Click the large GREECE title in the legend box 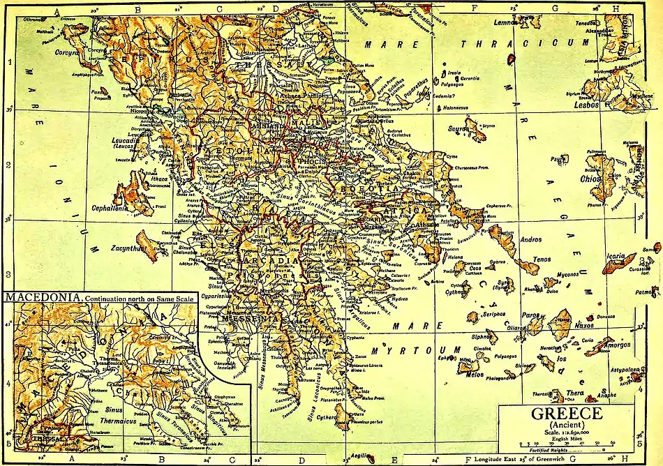click(567, 413)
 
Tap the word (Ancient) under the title click(567, 424)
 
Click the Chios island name click(591, 179)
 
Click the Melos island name click(473, 374)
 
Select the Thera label click(574, 393)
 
